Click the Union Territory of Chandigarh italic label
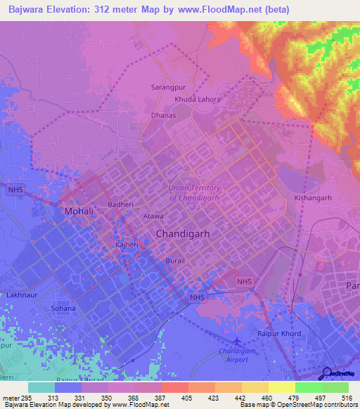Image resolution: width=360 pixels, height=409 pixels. click(x=194, y=192)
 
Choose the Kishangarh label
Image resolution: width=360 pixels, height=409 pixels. click(x=313, y=198)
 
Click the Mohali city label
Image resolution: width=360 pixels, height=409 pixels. click(x=79, y=211)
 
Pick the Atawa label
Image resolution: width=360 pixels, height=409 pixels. click(x=153, y=216)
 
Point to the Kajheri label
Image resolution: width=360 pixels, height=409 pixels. click(x=127, y=245)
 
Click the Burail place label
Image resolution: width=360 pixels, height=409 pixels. click(x=175, y=260)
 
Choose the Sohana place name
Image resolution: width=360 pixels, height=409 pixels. click(x=63, y=308)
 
